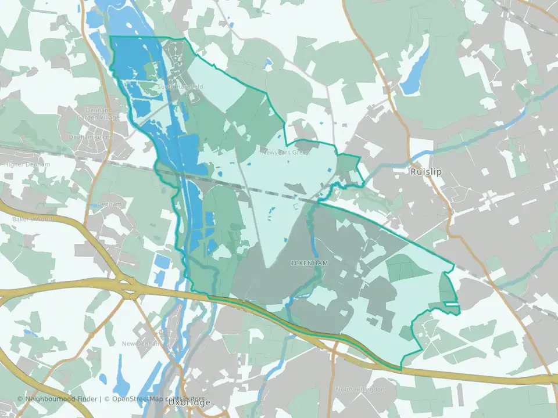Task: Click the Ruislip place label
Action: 427,172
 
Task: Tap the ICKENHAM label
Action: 309,263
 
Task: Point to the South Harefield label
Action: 181,87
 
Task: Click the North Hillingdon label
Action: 360,389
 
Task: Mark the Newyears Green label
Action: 285,153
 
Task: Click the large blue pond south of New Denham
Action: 123,380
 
